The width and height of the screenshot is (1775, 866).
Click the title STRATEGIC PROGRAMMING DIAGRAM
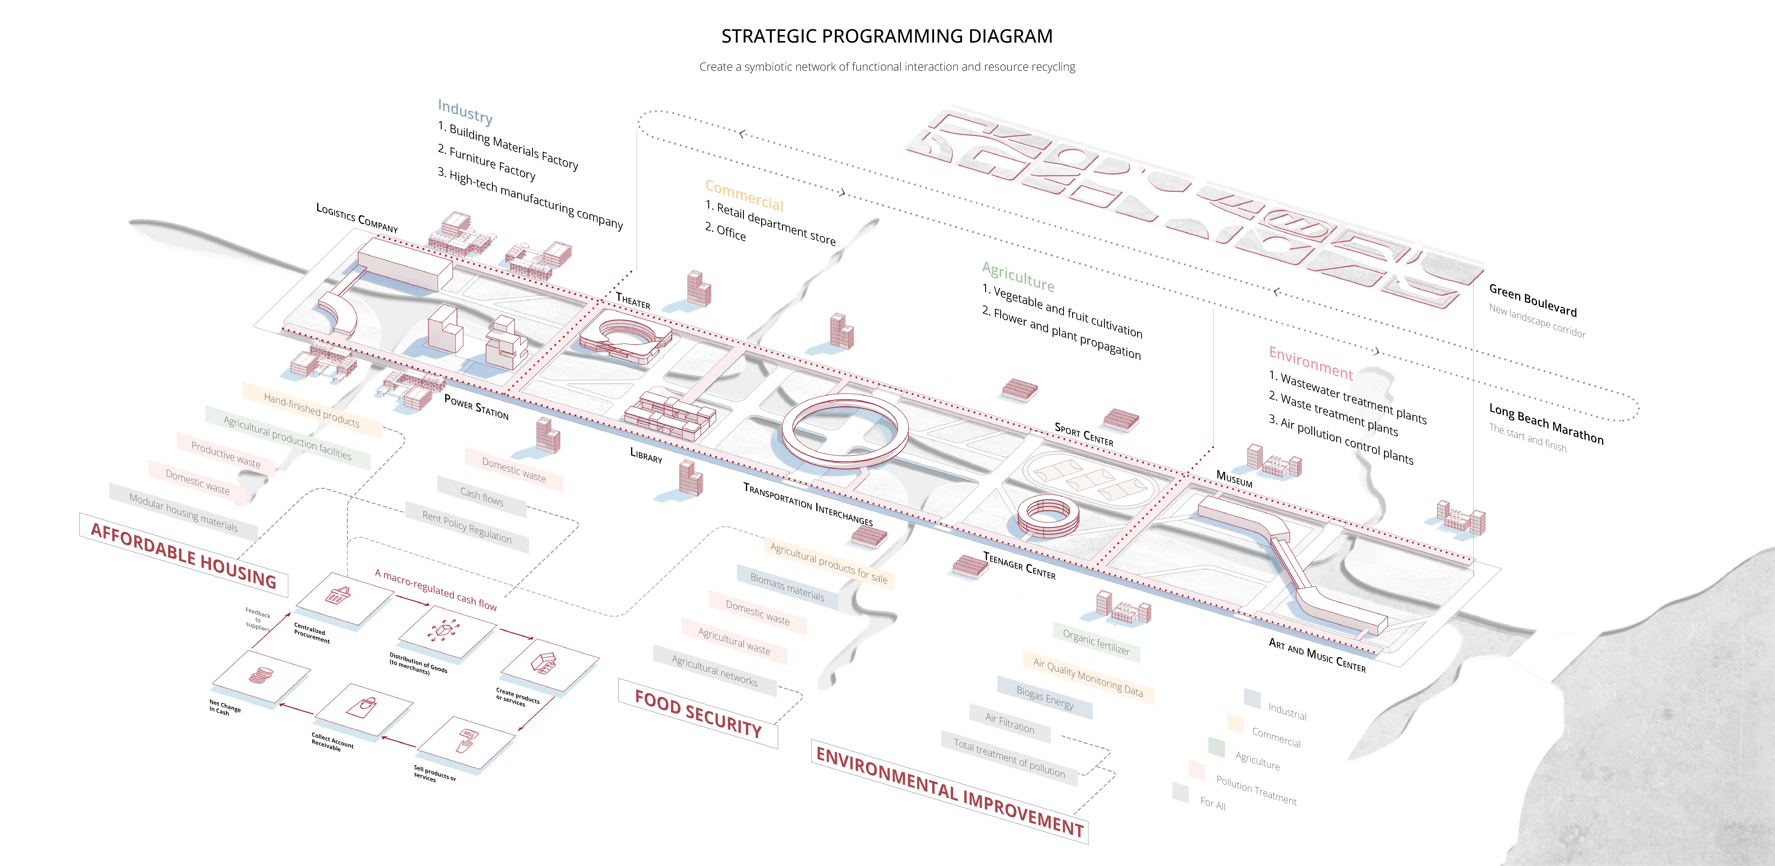(x=887, y=36)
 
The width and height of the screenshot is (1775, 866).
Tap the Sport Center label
(x=1084, y=434)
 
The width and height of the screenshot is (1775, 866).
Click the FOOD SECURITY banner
(x=698, y=714)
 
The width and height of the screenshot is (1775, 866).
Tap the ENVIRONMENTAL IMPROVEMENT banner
(x=949, y=791)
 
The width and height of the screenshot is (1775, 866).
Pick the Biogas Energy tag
(x=1045, y=697)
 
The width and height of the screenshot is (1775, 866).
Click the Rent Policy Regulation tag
(x=467, y=527)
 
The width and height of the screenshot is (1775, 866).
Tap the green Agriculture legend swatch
(x=1216, y=746)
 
